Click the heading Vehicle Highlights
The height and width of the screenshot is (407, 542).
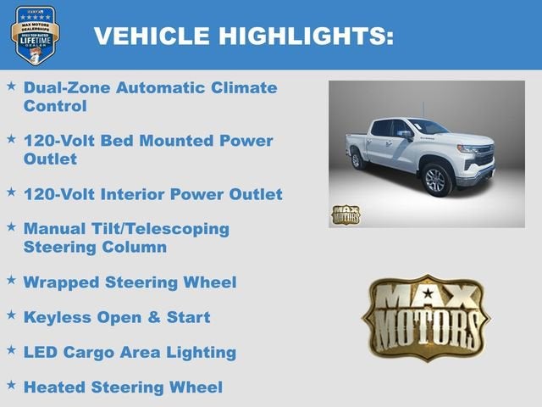243,36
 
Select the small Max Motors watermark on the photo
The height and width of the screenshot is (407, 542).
345,215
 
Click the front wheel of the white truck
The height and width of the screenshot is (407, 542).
437,179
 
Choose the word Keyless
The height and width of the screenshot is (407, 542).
57,317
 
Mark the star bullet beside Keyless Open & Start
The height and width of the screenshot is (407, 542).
11,314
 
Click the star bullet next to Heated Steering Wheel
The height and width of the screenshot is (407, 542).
11,384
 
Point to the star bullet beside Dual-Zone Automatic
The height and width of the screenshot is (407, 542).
11,85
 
